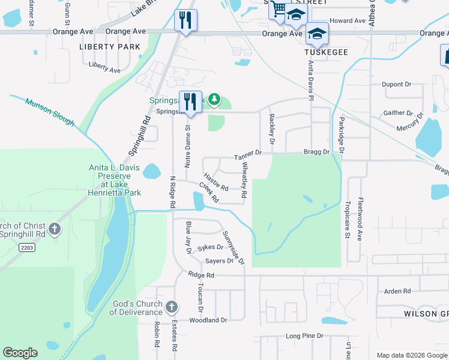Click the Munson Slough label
pyautogui.click(x=50, y=112)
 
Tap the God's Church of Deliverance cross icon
pyautogui.click(x=171, y=308)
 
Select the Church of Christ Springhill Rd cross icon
pyautogui.click(x=55, y=229)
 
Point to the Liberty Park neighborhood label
pyautogui.click(x=110, y=47)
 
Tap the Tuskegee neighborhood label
pyautogui.click(x=326, y=53)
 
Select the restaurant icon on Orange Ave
pyautogui.click(x=185, y=20)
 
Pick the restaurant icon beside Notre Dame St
pyautogui.click(x=191, y=101)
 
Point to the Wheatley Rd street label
pyautogui.click(x=244, y=182)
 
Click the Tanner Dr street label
pyautogui.click(x=248, y=155)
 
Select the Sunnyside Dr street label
pyautogui.click(x=234, y=248)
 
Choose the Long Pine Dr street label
pyautogui.click(x=304, y=336)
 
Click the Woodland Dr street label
pyautogui.click(x=208, y=320)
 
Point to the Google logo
pyautogui.click(x=20, y=353)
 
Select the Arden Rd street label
pyautogui.click(x=397, y=292)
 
